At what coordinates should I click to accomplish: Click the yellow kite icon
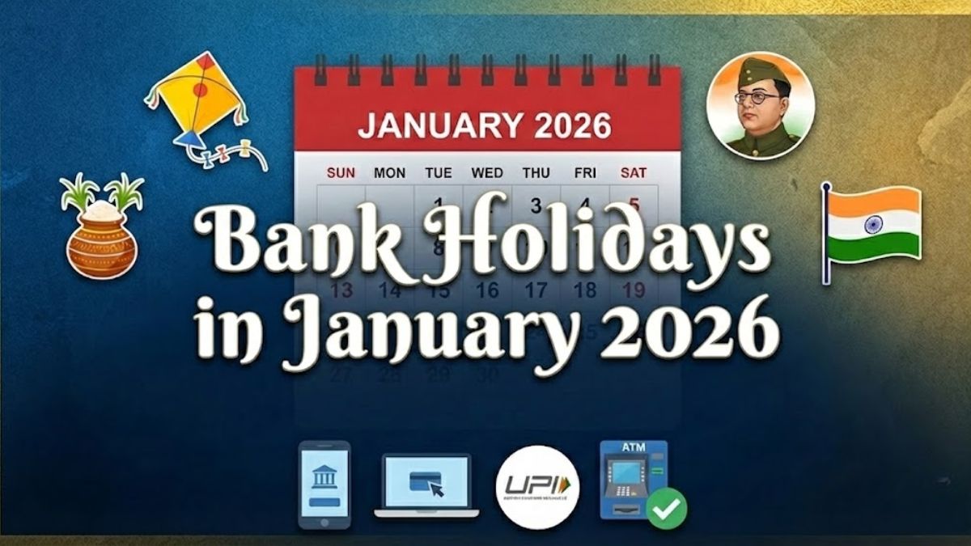point(198,101)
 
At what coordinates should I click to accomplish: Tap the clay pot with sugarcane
point(100,231)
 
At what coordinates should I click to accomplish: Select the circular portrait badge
point(760,106)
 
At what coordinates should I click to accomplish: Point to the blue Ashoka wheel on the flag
point(874,224)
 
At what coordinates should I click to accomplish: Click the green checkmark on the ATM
point(667,508)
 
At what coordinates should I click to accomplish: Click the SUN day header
point(341,172)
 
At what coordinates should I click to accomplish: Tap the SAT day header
point(633,172)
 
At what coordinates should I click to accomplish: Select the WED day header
point(487,172)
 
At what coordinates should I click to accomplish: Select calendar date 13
point(341,290)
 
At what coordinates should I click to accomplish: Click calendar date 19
point(634,290)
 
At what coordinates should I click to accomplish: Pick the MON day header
point(389,172)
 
